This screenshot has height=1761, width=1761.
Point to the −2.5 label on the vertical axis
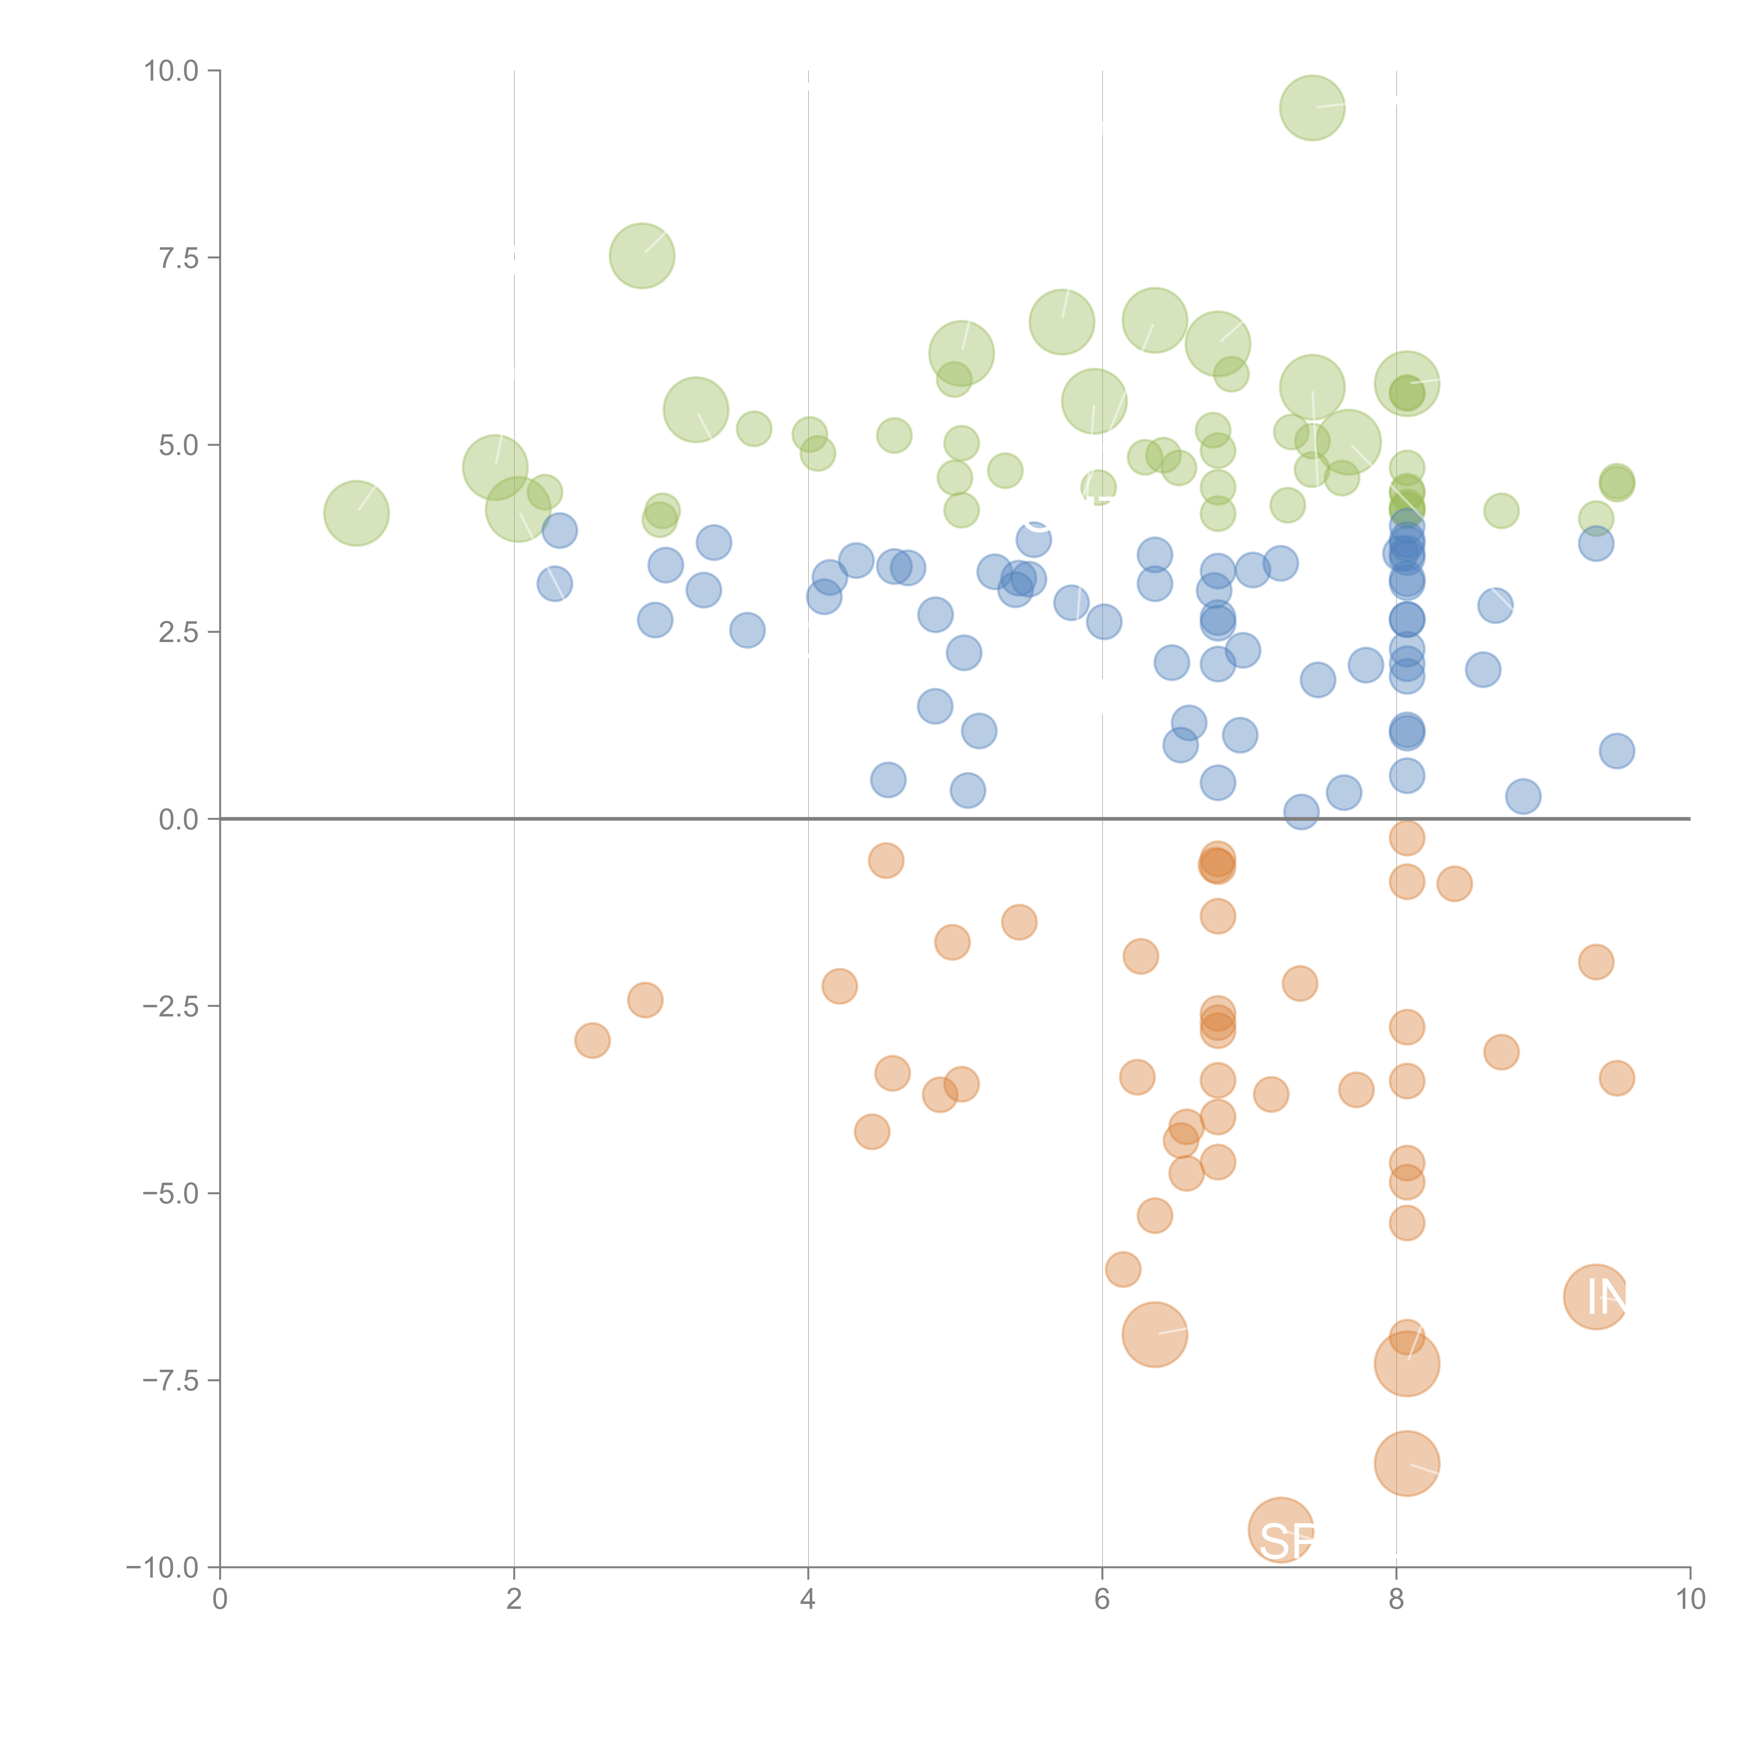click(170, 1006)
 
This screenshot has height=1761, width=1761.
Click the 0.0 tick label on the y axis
click(179, 820)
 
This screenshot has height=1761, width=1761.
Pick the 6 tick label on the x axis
click(1102, 1600)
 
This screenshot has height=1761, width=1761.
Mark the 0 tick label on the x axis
click(220, 1600)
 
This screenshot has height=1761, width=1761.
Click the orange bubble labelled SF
click(1281, 1530)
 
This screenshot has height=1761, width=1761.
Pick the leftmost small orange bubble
click(592, 1040)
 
